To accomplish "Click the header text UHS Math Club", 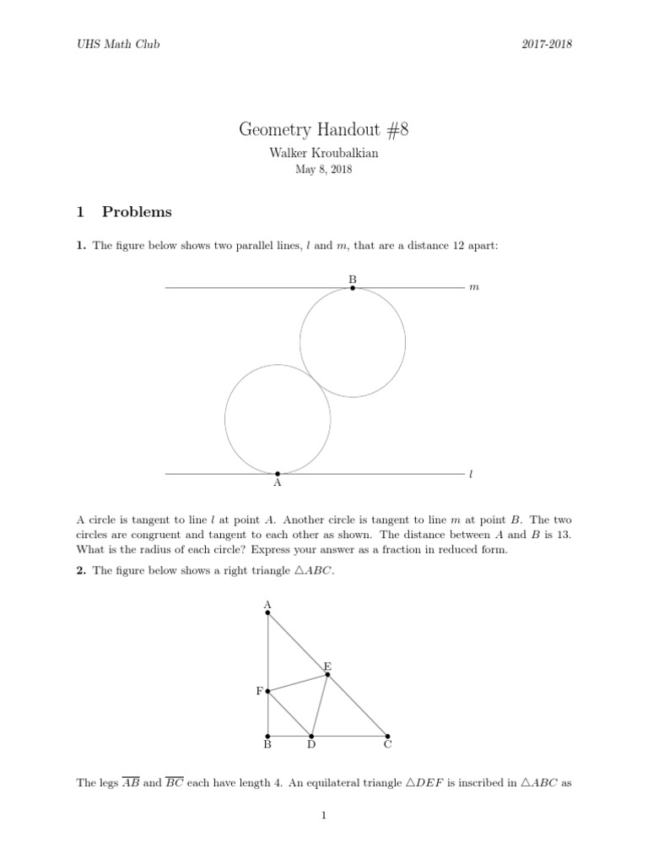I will point(117,44).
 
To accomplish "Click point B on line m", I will point(353,288).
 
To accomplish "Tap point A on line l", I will point(278,474).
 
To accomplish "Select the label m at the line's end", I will point(473,288).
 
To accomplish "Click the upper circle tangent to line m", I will point(353,342).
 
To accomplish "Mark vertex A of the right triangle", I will point(268,612).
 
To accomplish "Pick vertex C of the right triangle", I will point(388,735).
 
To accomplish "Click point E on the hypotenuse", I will point(327,674).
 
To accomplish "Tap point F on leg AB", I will point(268,691).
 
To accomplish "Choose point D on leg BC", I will point(311,735).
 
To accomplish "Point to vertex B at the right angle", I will point(268,735).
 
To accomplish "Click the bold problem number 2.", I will point(80,571).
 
